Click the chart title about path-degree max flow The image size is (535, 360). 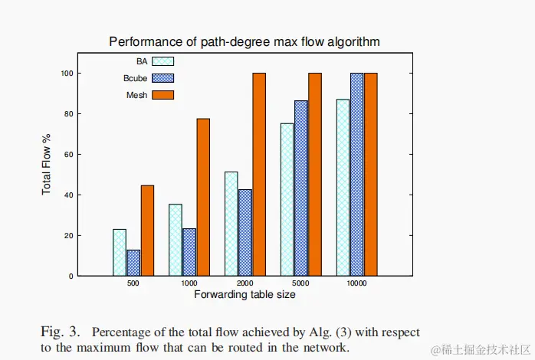245,41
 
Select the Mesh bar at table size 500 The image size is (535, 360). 147,231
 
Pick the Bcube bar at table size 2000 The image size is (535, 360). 245,232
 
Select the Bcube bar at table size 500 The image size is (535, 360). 133,263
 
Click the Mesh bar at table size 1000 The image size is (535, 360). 203,197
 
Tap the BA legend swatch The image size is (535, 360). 163,61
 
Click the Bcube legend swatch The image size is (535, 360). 163,77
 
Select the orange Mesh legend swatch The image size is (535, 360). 163,95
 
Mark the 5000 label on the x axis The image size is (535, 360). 300,283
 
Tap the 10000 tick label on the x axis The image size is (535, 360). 356,283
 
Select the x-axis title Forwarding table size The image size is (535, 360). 245,295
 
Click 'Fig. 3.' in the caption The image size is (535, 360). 60,332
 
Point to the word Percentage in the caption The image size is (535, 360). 123,332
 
